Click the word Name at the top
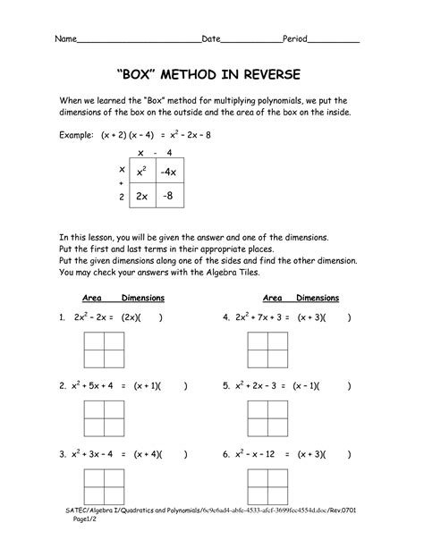tap(65, 40)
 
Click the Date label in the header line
tap(211, 40)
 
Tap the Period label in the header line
tap(297, 40)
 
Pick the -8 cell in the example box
tap(171, 196)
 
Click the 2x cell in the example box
tap(142, 196)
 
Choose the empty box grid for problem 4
tap(266, 346)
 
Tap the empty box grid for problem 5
tap(266, 416)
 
